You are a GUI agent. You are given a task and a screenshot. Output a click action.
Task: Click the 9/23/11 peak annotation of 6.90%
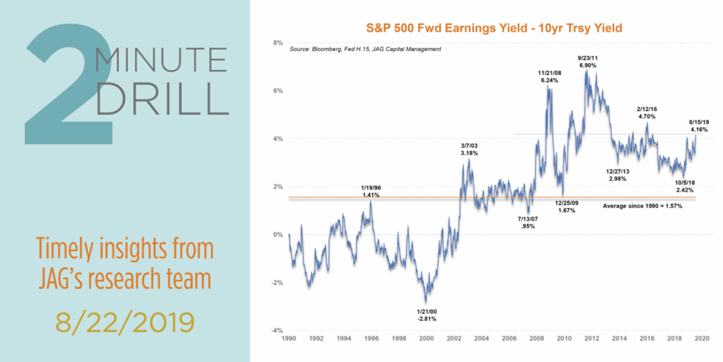tap(588, 60)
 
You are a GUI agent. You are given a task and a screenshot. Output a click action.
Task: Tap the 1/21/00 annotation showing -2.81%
tap(426, 315)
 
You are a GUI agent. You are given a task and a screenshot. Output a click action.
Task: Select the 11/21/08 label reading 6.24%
tap(549, 76)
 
